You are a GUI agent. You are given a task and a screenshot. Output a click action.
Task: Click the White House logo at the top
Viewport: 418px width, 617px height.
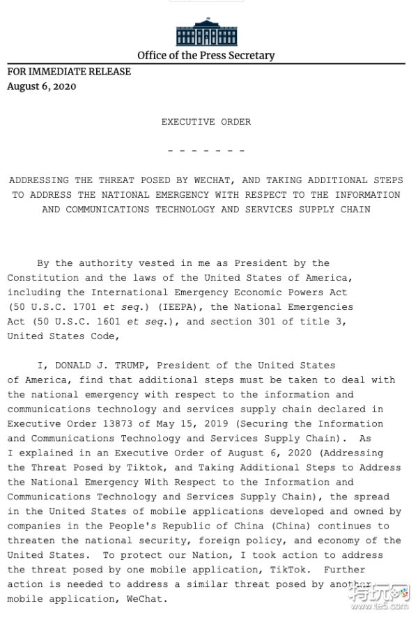point(206,32)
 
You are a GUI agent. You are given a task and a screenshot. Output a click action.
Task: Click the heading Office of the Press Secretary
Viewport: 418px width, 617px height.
point(206,56)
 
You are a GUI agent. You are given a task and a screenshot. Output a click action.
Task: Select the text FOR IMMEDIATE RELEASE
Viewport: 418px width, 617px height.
point(69,72)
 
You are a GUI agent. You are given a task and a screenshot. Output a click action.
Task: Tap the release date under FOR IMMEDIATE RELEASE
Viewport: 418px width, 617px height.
point(42,86)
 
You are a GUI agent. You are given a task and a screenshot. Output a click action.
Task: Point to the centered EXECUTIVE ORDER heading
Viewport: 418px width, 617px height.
point(206,122)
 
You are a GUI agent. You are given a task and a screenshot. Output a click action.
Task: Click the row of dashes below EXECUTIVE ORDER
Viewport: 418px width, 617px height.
point(206,150)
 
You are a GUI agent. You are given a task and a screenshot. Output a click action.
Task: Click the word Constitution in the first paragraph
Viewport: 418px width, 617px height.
point(40,278)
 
